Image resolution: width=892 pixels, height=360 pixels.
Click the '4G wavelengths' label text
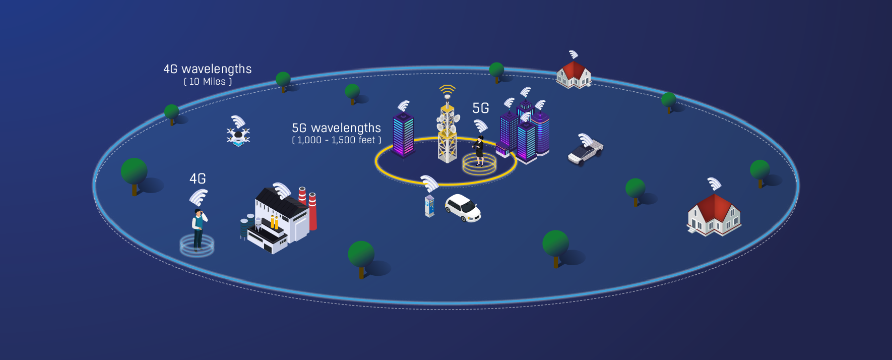[x=208, y=69]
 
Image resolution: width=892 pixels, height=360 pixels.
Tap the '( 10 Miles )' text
[x=208, y=82]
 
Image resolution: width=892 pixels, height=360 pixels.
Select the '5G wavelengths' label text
[x=337, y=128]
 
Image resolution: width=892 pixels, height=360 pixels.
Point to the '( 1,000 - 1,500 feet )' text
[x=337, y=140]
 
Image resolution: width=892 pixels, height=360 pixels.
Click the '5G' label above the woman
[x=481, y=108]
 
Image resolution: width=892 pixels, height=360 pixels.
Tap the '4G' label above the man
[x=198, y=179]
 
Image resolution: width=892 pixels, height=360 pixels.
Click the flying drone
[x=238, y=137]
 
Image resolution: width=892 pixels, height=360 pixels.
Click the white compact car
[x=463, y=208]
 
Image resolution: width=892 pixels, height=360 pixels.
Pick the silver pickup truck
[x=586, y=152]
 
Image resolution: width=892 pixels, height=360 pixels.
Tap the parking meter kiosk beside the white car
[x=429, y=206]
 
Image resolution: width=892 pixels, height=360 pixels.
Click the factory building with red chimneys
[x=279, y=220]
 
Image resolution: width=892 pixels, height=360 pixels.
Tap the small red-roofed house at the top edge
[x=574, y=75]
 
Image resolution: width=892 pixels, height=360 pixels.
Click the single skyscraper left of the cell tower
[x=403, y=135]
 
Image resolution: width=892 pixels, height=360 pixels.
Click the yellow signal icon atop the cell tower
[x=447, y=90]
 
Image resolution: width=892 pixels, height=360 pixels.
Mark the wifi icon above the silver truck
[x=585, y=139]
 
